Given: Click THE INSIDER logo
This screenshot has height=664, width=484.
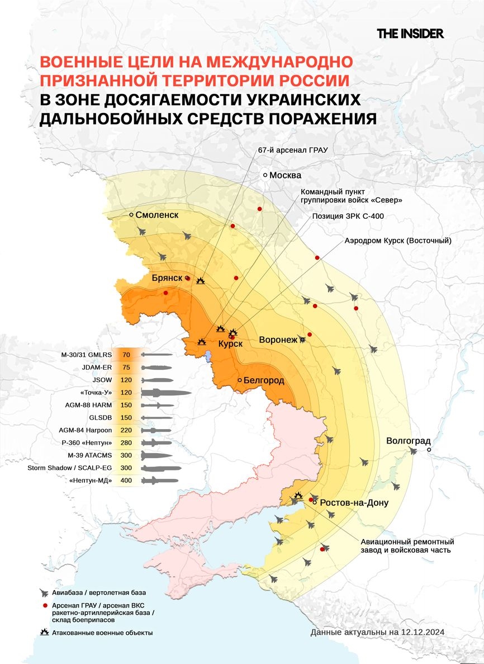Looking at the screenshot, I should click(x=410, y=34).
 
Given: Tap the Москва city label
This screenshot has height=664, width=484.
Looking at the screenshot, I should click(x=285, y=176).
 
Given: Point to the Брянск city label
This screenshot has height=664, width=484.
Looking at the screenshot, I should click(x=167, y=278).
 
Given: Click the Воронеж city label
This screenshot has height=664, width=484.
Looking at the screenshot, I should click(x=278, y=340).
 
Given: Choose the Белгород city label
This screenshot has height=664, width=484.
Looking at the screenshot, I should click(x=263, y=380).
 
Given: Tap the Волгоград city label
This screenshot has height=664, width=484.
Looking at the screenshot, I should click(x=408, y=441).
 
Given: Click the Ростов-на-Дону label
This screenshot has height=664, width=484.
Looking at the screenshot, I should click(x=354, y=503).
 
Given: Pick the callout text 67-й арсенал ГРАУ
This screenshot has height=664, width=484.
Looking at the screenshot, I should click(x=292, y=150).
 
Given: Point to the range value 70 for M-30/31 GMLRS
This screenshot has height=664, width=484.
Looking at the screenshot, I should click(x=126, y=355).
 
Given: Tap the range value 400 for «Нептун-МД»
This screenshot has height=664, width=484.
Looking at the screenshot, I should click(x=126, y=481).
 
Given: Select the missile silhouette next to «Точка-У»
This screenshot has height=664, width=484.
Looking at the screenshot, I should click(x=166, y=393).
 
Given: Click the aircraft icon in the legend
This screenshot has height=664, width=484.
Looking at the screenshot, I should click(x=44, y=592).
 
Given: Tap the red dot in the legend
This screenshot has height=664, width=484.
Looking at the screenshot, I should click(x=44, y=606).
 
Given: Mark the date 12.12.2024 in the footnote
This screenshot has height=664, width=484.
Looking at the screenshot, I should click(x=423, y=632).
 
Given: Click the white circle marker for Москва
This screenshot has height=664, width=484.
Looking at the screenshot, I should click(x=266, y=176).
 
